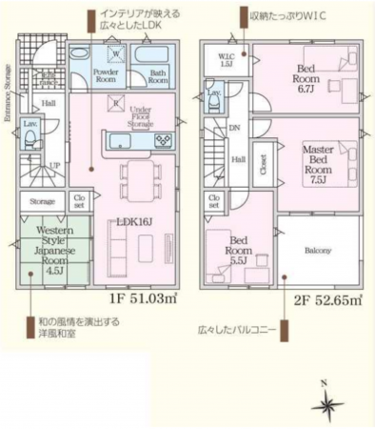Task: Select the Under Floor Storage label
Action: point(144,116)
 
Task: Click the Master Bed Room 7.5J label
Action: point(319,164)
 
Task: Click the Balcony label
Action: point(318,251)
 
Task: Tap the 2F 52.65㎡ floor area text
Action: point(326,299)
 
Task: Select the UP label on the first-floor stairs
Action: point(55,165)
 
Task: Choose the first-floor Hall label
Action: point(48,103)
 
